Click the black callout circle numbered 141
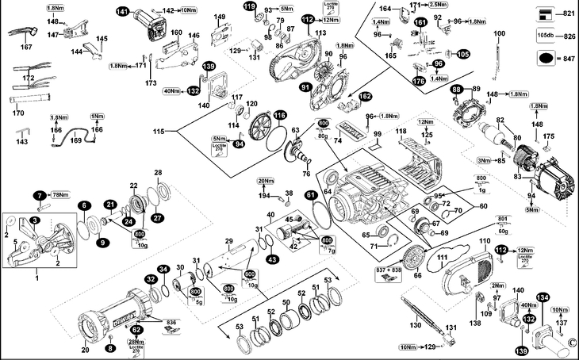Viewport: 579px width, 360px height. (123, 11)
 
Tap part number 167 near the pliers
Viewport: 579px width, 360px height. (26, 48)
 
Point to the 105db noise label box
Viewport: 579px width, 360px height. (545, 36)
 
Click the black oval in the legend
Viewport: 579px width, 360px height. (545, 59)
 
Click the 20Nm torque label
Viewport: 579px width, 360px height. (266, 182)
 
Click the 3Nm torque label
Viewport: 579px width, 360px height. (484, 161)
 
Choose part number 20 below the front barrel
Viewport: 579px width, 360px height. (85, 349)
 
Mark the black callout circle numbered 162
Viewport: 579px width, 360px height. (365, 97)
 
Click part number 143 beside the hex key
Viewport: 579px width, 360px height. (21, 142)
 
